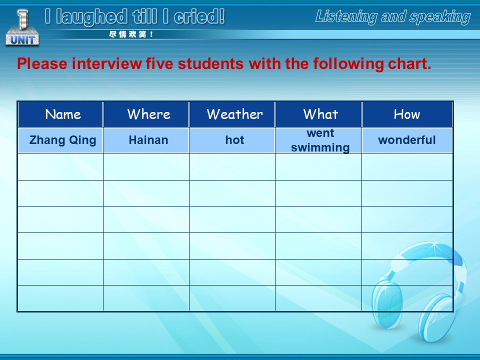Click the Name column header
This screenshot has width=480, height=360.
tap(60, 114)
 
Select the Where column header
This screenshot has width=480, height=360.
tap(146, 114)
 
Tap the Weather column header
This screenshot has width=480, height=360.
tap(232, 114)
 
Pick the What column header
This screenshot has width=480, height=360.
tap(318, 114)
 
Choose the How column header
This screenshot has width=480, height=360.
tap(407, 114)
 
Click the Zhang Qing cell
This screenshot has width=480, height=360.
tap(60, 140)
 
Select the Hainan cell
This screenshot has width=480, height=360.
tap(146, 140)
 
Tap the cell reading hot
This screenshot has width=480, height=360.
tap(232, 140)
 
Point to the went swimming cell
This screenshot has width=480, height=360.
tap(318, 140)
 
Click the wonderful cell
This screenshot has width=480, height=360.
tap(407, 140)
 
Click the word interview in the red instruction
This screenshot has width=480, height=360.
tap(107, 63)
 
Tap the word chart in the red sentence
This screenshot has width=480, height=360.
tap(409, 63)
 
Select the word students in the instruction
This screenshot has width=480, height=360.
tap(210, 63)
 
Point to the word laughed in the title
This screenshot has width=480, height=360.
tap(91, 17)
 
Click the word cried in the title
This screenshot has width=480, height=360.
tap(199, 16)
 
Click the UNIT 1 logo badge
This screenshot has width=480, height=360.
tap(22, 28)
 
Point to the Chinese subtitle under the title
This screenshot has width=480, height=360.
tap(131, 34)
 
